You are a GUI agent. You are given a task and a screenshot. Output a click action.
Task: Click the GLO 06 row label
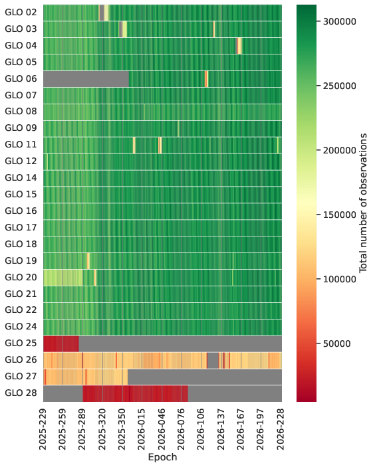tap(21, 78)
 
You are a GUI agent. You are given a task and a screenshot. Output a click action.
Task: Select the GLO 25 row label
tap(21, 343)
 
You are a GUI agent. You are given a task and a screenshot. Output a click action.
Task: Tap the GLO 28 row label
tap(21, 393)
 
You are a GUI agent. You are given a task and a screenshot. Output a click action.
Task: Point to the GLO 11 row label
tap(21, 144)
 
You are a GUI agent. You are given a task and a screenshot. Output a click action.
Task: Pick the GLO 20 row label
tap(21, 277)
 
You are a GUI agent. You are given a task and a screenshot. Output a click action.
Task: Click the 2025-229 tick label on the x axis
tap(43, 429)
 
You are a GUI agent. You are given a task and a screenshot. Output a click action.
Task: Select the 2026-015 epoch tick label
tap(142, 429)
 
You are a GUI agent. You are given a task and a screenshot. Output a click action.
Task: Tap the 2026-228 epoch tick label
tap(281, 429)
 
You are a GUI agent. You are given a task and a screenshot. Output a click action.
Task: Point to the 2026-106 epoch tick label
tap(201, 429)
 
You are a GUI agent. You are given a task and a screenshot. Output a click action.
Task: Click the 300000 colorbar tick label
tap(340, 21)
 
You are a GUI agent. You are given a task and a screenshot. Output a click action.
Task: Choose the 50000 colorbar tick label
tap(337, 343)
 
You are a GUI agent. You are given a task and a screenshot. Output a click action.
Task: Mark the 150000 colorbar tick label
tap(340, 215)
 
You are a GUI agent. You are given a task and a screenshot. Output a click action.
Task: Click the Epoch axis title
tap(162, 457)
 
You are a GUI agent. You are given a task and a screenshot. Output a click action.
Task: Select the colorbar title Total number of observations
tap(363, 203)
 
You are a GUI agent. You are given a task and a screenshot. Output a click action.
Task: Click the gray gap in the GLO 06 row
tap(86, 79)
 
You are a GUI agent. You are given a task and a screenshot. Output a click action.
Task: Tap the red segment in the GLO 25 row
tap(61, 343)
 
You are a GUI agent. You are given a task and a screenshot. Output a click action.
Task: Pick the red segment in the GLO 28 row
tap(136, 393)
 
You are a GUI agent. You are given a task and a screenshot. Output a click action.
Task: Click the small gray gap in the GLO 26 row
tap(213, 360)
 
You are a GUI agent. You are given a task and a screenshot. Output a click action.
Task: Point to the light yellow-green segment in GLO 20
tap(63, 278)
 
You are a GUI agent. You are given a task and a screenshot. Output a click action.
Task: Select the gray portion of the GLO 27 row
tap(205, 377)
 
